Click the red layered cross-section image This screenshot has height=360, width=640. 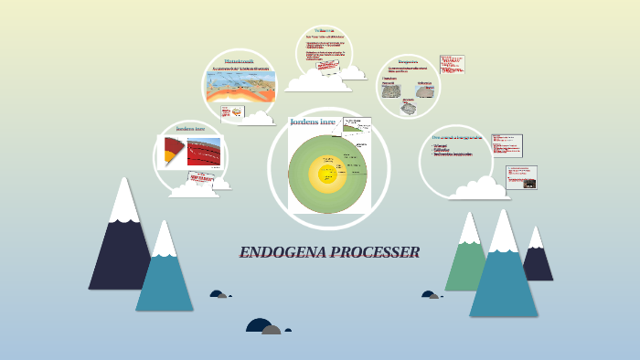pos(203,152)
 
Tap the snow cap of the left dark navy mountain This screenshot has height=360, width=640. pos(124,202)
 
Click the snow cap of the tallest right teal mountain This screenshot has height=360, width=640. pos(503,232)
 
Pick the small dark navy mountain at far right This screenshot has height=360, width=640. pos(538,260)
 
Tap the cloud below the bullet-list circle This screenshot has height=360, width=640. pos(479,189)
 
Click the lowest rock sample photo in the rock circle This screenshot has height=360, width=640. pos(408,108)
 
